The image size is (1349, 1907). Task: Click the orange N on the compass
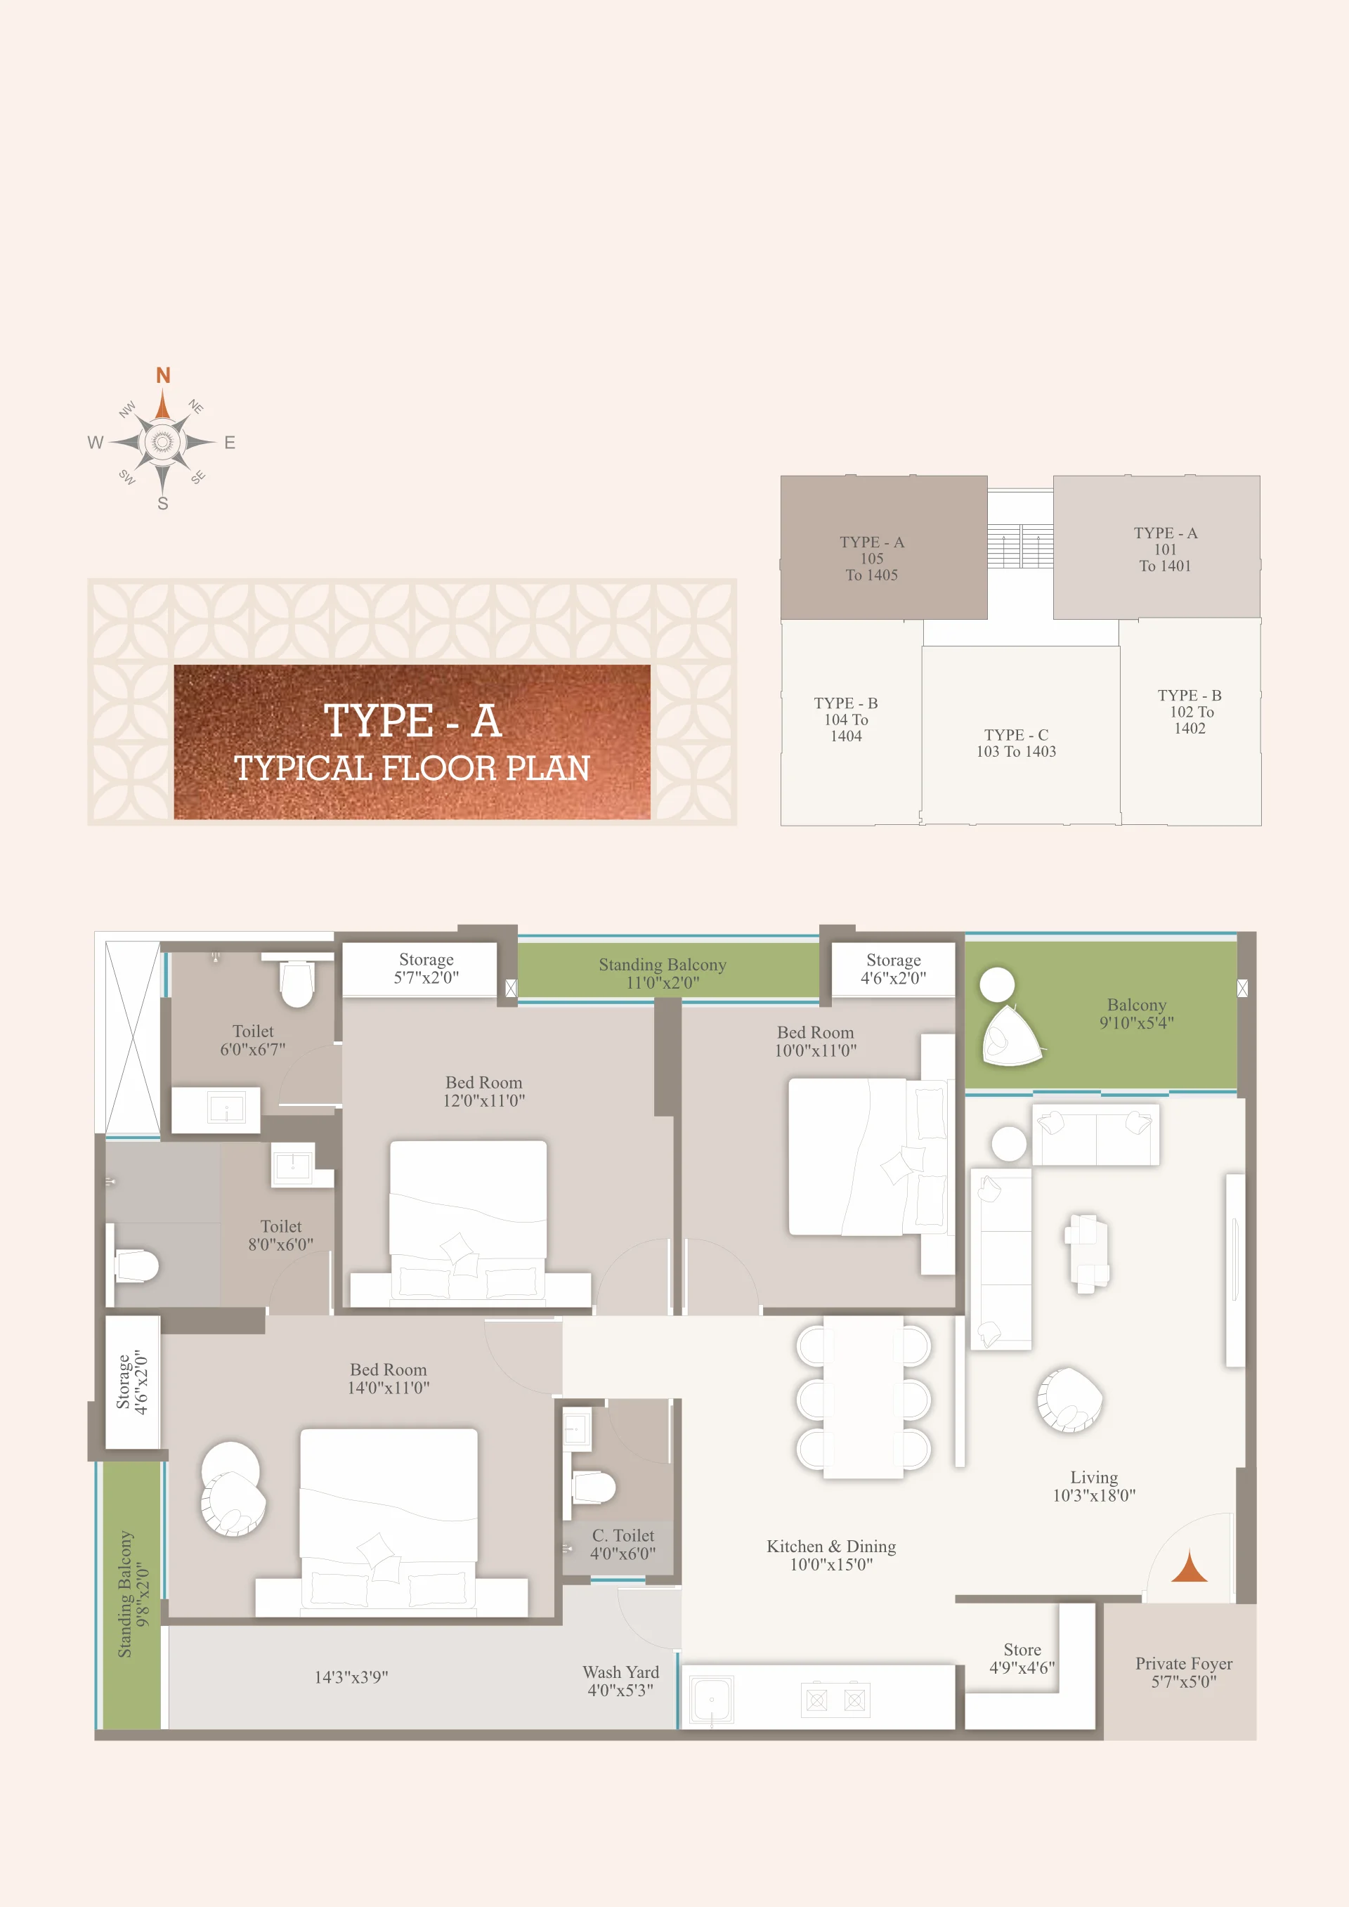pyautogui.click(x=164, y=375)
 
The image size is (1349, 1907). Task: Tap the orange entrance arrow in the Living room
pyautogui.click(x=1190, y=1566)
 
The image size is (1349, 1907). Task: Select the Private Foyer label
pyautogui.click(x=1184, y=1672)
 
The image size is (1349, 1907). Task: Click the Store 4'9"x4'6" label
pyautogui.click(x=1022, y=1659)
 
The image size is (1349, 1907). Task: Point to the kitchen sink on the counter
pyautogui.click(x=712, y=1699)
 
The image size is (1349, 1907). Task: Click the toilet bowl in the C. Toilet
pyautogui.click(x=595, y=1487)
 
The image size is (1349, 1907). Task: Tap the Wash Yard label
pyautogui.click(x=620, y=1681)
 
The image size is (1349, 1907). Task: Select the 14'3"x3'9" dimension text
pyautogui.click(x=351, y=1677)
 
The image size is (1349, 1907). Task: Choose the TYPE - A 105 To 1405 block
pyautogui.click(x=884, y=547)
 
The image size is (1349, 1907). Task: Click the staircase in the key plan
pyautogui.click(x=1020, y=546)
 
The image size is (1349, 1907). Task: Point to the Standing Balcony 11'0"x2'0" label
pyautogui.click(x=663, y=973)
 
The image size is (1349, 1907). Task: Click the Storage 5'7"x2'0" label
pyautogui.click(x=426, y=968)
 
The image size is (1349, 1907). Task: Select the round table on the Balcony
pyautogui.click(x=997, y=985)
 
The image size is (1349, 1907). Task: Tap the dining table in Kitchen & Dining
pyautogui.click(x=863, y=1396)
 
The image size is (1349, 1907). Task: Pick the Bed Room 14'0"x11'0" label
pyautogui.click(x=389, y=1378)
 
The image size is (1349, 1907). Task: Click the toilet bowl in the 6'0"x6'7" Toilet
pyautogui.click(x=296, y=984)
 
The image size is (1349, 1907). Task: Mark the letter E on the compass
pyautogui.click(x=230, y=443)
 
